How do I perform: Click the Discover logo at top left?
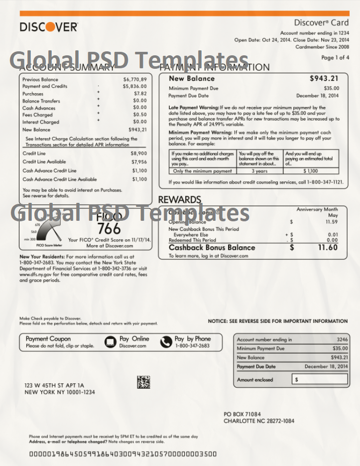tap(49, 26)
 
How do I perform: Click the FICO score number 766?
tap(109, 229)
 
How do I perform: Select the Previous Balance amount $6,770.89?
tap(135, 79)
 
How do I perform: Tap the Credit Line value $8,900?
tap(139, 154)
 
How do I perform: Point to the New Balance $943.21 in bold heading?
tap(324, 78)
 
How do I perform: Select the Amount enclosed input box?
tap(320, 380)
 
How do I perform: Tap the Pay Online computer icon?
tap(111, 342)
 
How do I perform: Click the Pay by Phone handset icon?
tap(166, 342)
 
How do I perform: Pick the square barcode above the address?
tap(143, 382)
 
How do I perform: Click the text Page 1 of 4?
tap(335, 58)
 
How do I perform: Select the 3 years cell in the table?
tap(260, 171)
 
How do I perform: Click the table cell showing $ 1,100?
tap(311, 171)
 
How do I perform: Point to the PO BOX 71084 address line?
tap(242, 414)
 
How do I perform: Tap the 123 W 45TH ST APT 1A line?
tap(54, 385)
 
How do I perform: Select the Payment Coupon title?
tap(48, 338)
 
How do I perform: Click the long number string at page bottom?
tap(123, 454)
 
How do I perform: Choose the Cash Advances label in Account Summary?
tap(39, 108)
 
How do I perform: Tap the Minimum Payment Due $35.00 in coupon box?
tap(340, 348)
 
